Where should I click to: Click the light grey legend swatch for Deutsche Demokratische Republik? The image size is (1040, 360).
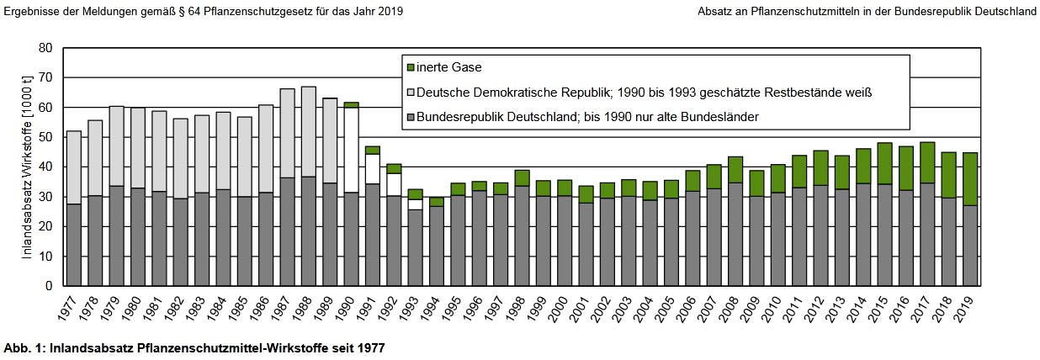[x=411, y=92]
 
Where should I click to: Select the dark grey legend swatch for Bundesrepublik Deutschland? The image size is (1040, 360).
[x=411, y=117]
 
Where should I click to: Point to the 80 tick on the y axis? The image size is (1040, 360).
[x=46, y=49]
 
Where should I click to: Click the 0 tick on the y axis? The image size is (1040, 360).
[x=50, y=286]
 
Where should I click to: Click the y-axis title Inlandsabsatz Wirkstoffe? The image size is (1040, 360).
[x=27, y=167]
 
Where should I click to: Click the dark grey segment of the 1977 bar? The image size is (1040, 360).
[x=74, y=245]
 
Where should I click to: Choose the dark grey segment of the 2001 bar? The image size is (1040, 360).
[x=586, y=244]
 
